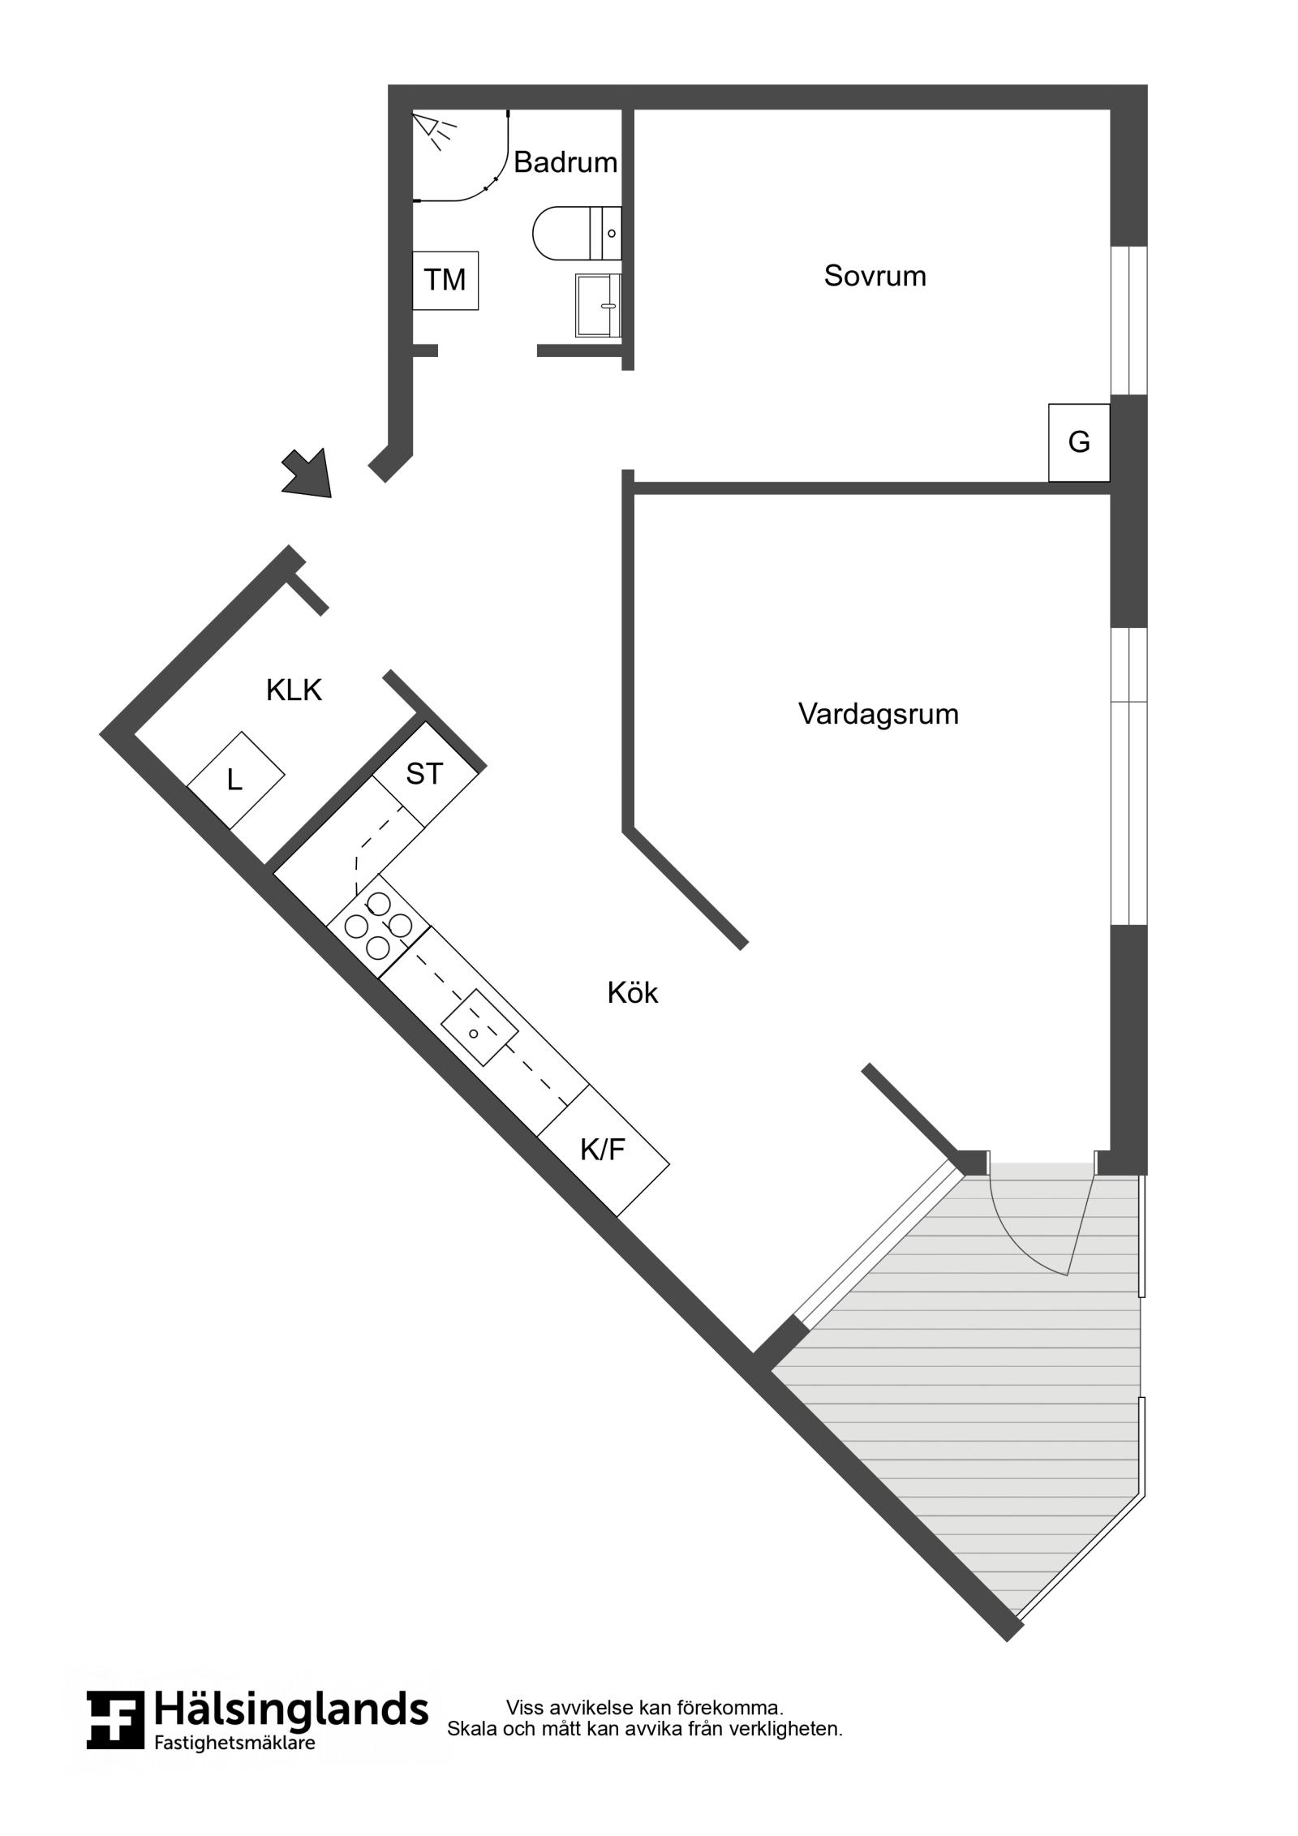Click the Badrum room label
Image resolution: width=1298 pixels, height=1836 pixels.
(565, 162)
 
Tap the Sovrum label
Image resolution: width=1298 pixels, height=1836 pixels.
(875, 276)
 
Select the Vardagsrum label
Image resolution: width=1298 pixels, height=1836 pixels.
(878, 714)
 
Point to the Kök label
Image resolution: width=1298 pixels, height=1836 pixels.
(633, 992)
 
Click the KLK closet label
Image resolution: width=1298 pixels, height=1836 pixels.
(294, 690)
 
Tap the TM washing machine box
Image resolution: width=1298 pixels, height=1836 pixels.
(445, 280)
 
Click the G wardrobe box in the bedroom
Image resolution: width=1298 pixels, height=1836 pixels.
(1079, 442)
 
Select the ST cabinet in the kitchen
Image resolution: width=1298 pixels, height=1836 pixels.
(425, 775)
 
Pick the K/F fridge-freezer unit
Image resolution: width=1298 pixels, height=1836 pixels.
(604, 1150)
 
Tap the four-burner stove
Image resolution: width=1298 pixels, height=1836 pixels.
(379, 925)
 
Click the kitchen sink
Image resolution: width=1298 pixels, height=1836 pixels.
(479, 1027)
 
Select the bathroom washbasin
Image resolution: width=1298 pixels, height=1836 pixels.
(599, 305)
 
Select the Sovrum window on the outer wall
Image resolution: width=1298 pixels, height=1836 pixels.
(1128, 320)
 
